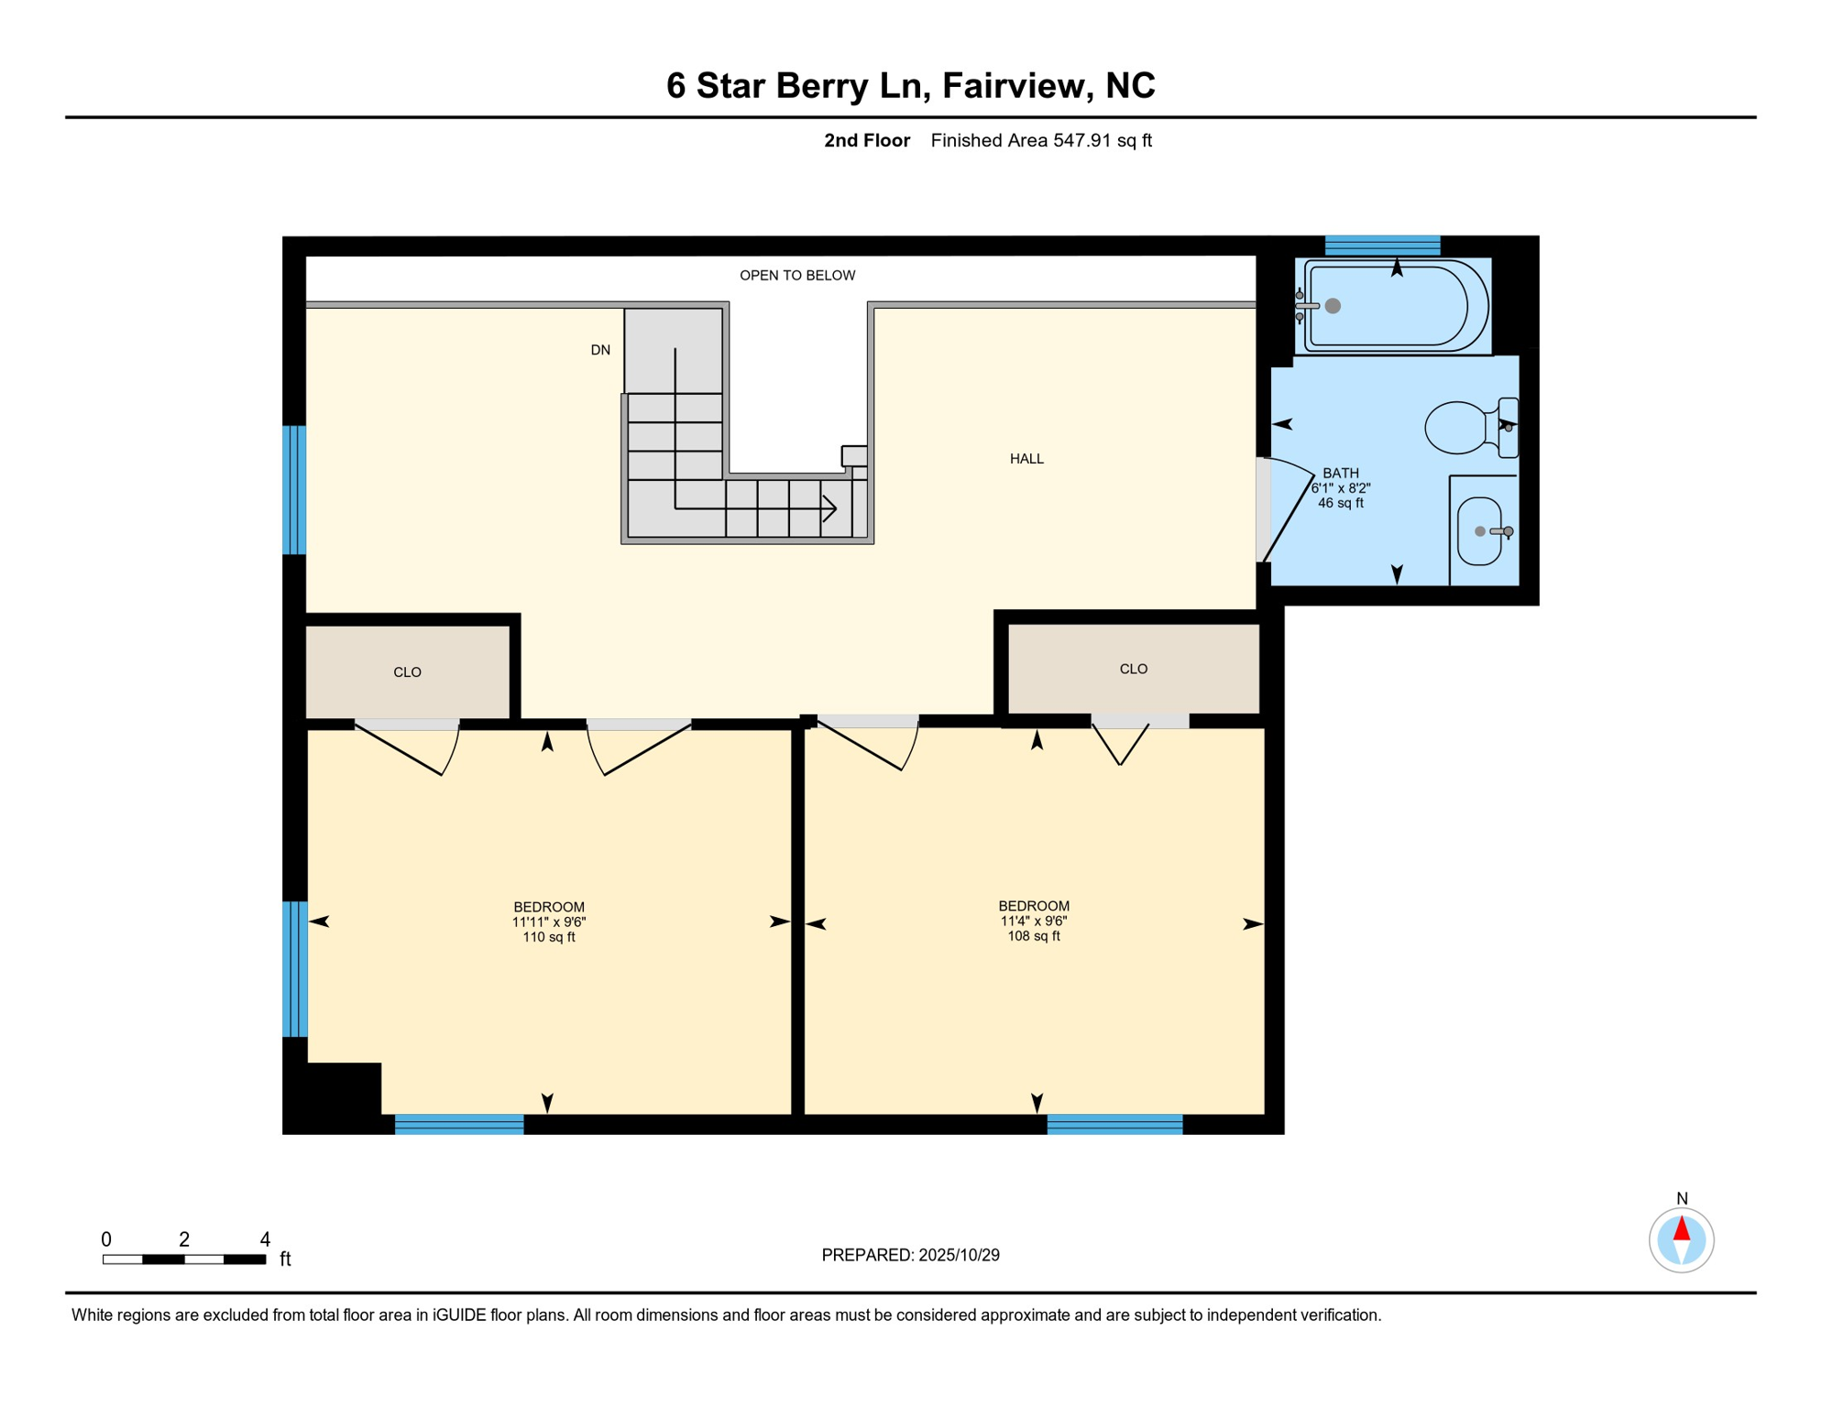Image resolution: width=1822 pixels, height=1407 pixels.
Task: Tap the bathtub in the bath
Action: (1392, 306)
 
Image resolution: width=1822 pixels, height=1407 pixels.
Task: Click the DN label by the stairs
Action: (600, 350)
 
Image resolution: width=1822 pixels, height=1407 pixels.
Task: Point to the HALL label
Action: (1026, 459)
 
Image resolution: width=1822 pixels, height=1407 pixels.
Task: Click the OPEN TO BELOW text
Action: (797, 276)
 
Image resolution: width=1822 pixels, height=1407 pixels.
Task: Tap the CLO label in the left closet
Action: (407, 672)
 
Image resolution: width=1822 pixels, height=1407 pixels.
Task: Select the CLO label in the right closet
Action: (1133, 669)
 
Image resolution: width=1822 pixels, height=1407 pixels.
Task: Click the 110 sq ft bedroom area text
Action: (548, 937)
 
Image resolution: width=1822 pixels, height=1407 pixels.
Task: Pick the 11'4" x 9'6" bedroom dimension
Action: (1034, 921)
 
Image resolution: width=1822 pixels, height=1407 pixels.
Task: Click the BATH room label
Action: (1340, 474)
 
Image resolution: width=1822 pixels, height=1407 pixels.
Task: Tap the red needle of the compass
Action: (1681, 1228)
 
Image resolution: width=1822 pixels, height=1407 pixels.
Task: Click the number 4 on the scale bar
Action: (265, 1239)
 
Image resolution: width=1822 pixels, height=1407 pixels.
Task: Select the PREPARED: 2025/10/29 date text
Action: (910, 1255)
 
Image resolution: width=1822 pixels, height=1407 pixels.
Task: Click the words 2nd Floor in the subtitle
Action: (866, 140)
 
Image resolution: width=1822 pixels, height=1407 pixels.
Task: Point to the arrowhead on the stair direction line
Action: (830, 508)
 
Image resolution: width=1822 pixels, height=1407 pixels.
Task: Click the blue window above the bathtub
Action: (1382, 245)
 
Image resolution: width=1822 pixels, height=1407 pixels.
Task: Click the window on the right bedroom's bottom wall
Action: (1114, 1124)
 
